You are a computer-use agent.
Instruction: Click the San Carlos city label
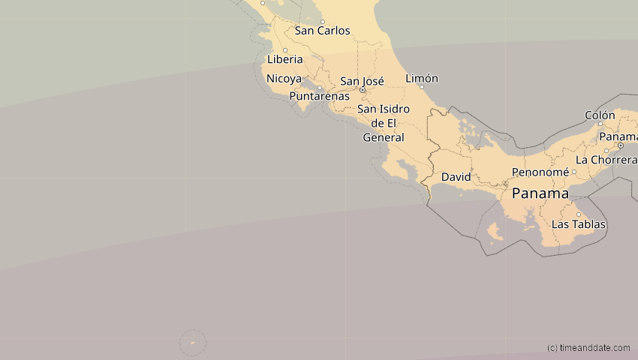click(322, 31)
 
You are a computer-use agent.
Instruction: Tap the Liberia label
click(284, 59)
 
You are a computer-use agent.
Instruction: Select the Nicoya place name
click(284, 79)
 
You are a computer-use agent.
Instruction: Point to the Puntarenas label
click(319, 97)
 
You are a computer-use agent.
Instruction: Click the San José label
click(362, 81)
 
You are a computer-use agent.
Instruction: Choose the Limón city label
click(421, 78)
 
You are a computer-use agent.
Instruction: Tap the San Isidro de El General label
click(384, 123)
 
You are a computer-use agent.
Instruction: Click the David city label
click(456, 177)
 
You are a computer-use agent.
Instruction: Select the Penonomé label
click(540, 172)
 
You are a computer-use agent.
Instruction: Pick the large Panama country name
click(540, 193)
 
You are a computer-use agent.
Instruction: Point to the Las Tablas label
click(578, 224)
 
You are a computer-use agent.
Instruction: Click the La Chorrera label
click(606, 160)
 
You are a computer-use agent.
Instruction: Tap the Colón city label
click(600, 115)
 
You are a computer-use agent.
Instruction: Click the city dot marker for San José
click(362, 90)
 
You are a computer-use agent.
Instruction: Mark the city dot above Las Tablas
click(578, 214)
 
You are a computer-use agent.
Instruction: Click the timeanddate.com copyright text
click(588, 348)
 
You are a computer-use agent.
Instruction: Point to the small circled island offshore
click(193, 343)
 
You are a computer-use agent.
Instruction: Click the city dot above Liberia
click(284, 50)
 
